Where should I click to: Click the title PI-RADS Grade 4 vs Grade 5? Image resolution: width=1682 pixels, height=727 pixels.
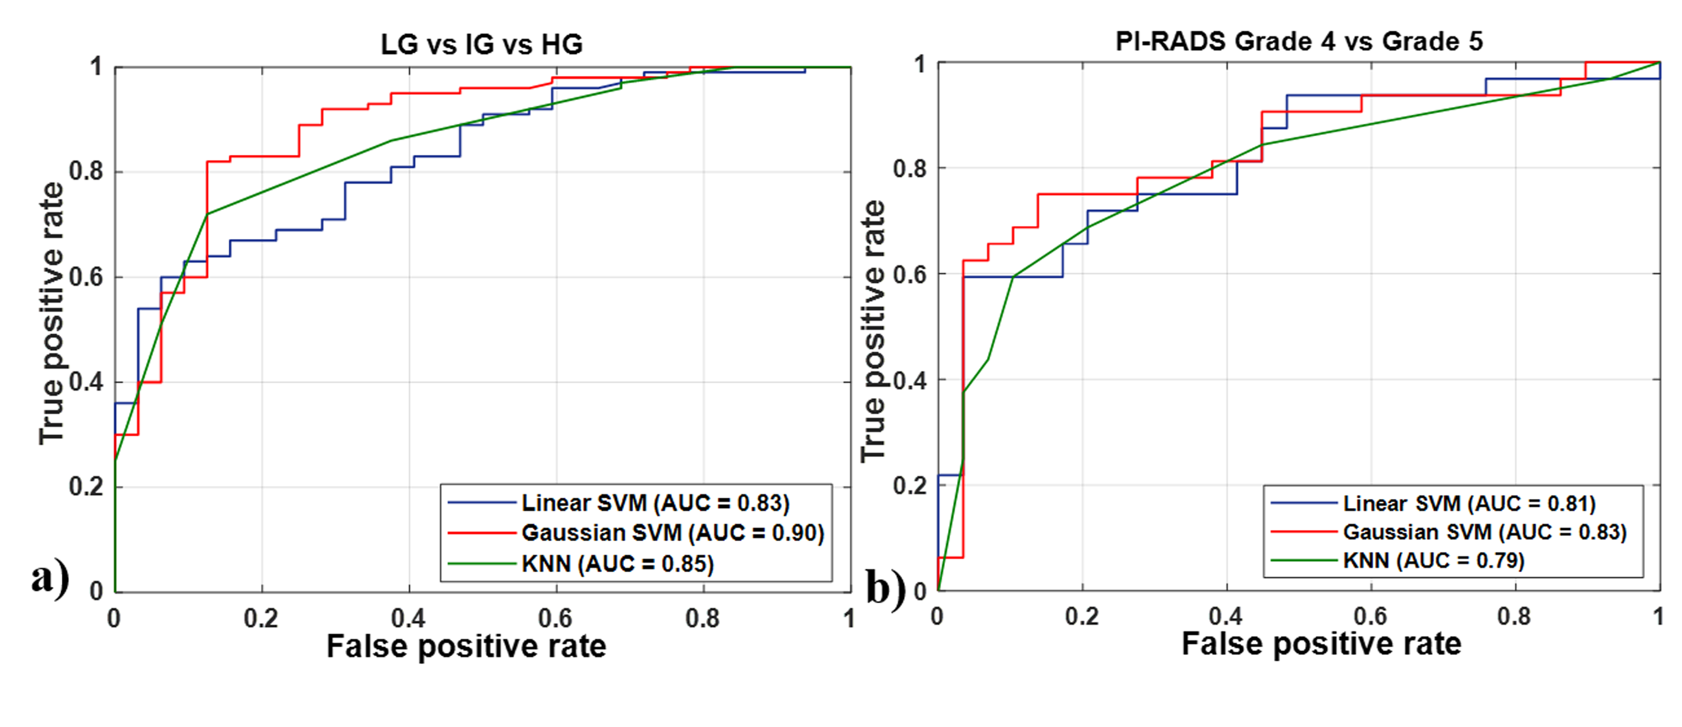click(1299, 41)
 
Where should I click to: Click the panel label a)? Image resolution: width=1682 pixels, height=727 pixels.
click(50, 578)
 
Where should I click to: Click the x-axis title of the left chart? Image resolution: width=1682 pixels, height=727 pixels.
click(466, 646)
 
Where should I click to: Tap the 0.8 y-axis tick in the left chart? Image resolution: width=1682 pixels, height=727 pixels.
click(86, 172)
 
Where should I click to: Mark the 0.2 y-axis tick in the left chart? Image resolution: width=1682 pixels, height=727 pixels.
click(86, 486)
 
